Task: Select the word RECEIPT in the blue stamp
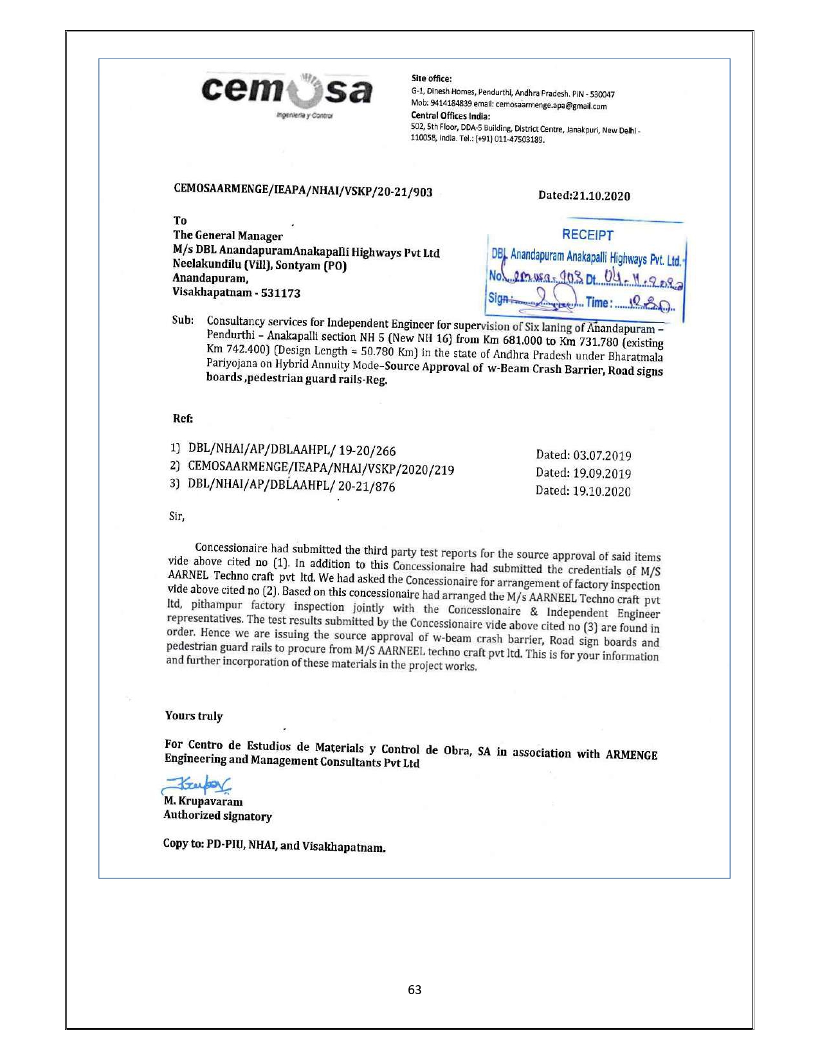click(587, 235)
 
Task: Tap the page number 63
click(415, 990)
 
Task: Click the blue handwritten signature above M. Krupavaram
click(196, 784)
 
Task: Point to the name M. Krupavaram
click(203, 801)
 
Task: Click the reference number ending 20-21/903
click(303, 190)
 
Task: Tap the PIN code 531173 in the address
click(280, 293)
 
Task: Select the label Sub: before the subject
click(183, 320)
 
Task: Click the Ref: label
click(183, 419)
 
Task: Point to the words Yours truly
click(194, 716)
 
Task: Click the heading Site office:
click(432, 78)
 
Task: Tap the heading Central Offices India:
click(450, 116)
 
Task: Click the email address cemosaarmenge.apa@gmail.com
click(551, 106)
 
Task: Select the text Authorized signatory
click(217, 815)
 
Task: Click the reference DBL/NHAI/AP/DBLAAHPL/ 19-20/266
click(292, 451)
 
